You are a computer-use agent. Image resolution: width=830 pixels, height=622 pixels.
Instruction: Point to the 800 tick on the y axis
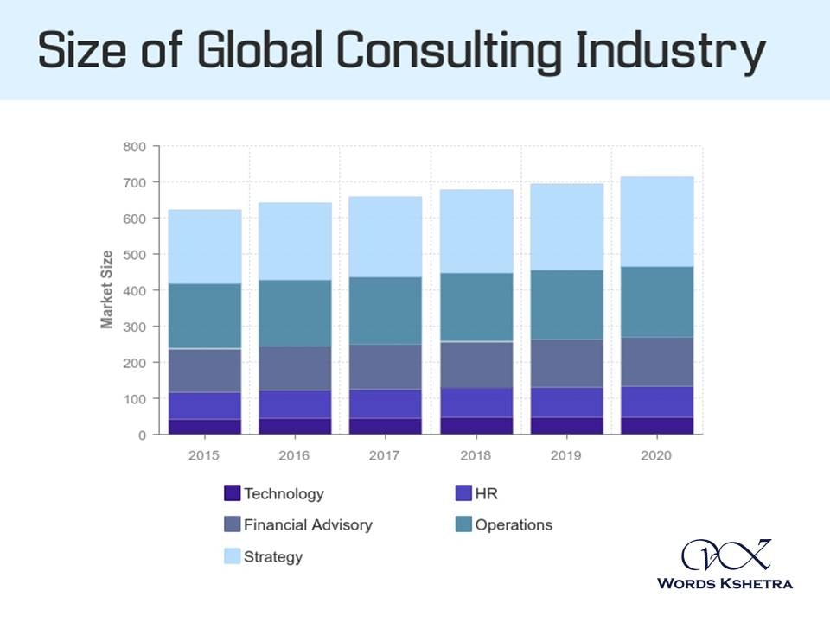click(134, 147)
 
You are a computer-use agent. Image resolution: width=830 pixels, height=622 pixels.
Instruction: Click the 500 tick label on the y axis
click(134, 255)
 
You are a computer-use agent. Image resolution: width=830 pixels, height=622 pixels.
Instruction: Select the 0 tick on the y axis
click(141, 435)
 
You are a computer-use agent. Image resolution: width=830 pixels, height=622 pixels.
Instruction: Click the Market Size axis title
click(107, 289)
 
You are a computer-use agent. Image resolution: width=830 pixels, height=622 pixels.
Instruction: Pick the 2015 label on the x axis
click(204, 456)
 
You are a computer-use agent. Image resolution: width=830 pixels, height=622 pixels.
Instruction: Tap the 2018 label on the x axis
click(476, 456)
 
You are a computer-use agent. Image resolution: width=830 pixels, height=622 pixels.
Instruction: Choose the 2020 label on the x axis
click(657, 456)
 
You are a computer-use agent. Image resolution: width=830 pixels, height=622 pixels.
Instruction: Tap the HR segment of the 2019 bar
click(566, 403)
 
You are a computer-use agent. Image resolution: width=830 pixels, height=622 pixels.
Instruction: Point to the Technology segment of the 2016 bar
click(295, 426)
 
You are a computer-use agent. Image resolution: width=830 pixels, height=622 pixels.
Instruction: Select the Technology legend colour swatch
click(232, 493)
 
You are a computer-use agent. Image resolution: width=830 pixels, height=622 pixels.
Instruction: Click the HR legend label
click(487, 494)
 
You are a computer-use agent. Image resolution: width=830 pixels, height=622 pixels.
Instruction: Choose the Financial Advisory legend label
click(308, 524)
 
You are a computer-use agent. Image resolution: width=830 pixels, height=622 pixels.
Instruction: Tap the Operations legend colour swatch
click(463, 524)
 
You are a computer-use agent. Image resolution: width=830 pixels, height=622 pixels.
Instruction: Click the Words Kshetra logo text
click(725, 583)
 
